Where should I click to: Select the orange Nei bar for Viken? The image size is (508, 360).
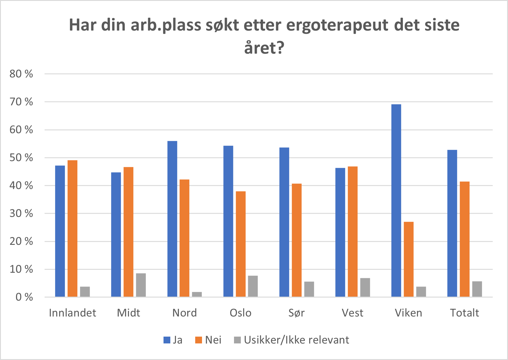408,259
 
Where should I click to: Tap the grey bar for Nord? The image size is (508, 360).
197,294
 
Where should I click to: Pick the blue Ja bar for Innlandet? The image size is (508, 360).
60,231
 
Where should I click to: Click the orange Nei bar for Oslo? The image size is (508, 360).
241,244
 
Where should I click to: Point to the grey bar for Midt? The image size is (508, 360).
141,285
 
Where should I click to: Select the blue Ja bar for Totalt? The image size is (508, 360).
452,223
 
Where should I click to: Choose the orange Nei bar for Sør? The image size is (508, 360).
297,240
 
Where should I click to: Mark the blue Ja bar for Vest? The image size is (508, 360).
340,232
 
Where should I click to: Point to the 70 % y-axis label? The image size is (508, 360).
21,102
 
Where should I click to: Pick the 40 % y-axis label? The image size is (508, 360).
21,186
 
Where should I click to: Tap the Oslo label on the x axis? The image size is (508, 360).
241,313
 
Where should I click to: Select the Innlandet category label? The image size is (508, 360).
73,313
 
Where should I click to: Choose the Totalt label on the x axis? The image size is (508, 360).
464,313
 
